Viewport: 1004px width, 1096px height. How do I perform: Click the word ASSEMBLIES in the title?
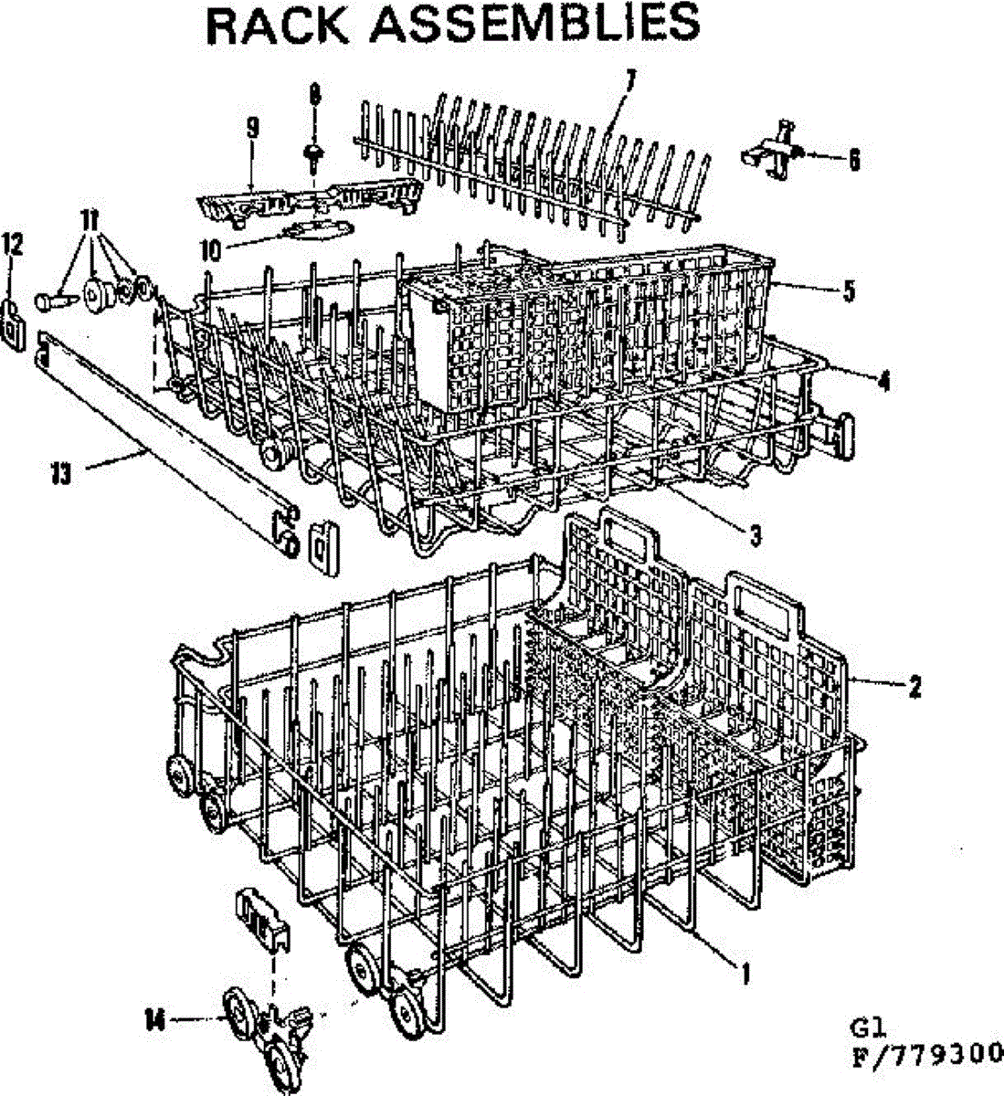point(537,26)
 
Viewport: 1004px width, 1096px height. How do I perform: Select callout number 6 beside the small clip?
point(853,160)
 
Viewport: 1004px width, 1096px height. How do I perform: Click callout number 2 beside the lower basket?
point(914,685)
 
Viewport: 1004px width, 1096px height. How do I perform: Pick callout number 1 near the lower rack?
point(745,975)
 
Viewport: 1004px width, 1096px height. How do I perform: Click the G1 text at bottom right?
point(864,1028)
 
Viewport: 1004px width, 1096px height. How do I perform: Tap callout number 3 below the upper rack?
point(755,536)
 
